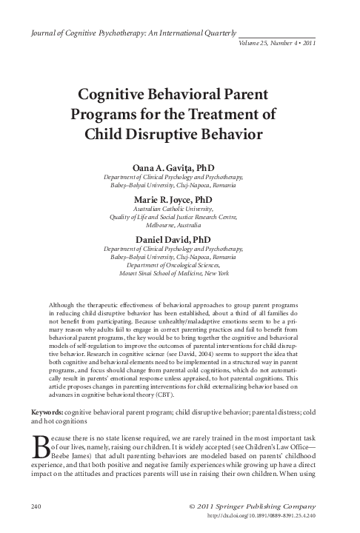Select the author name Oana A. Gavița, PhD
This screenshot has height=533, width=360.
tap(179, 168)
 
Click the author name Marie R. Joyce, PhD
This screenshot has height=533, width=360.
tap(180, 200)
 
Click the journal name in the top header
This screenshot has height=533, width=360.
tap(131, 33)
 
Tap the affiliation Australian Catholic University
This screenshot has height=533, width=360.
tap(180, 209)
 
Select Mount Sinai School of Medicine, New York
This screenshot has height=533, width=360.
tap(180, 273)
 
